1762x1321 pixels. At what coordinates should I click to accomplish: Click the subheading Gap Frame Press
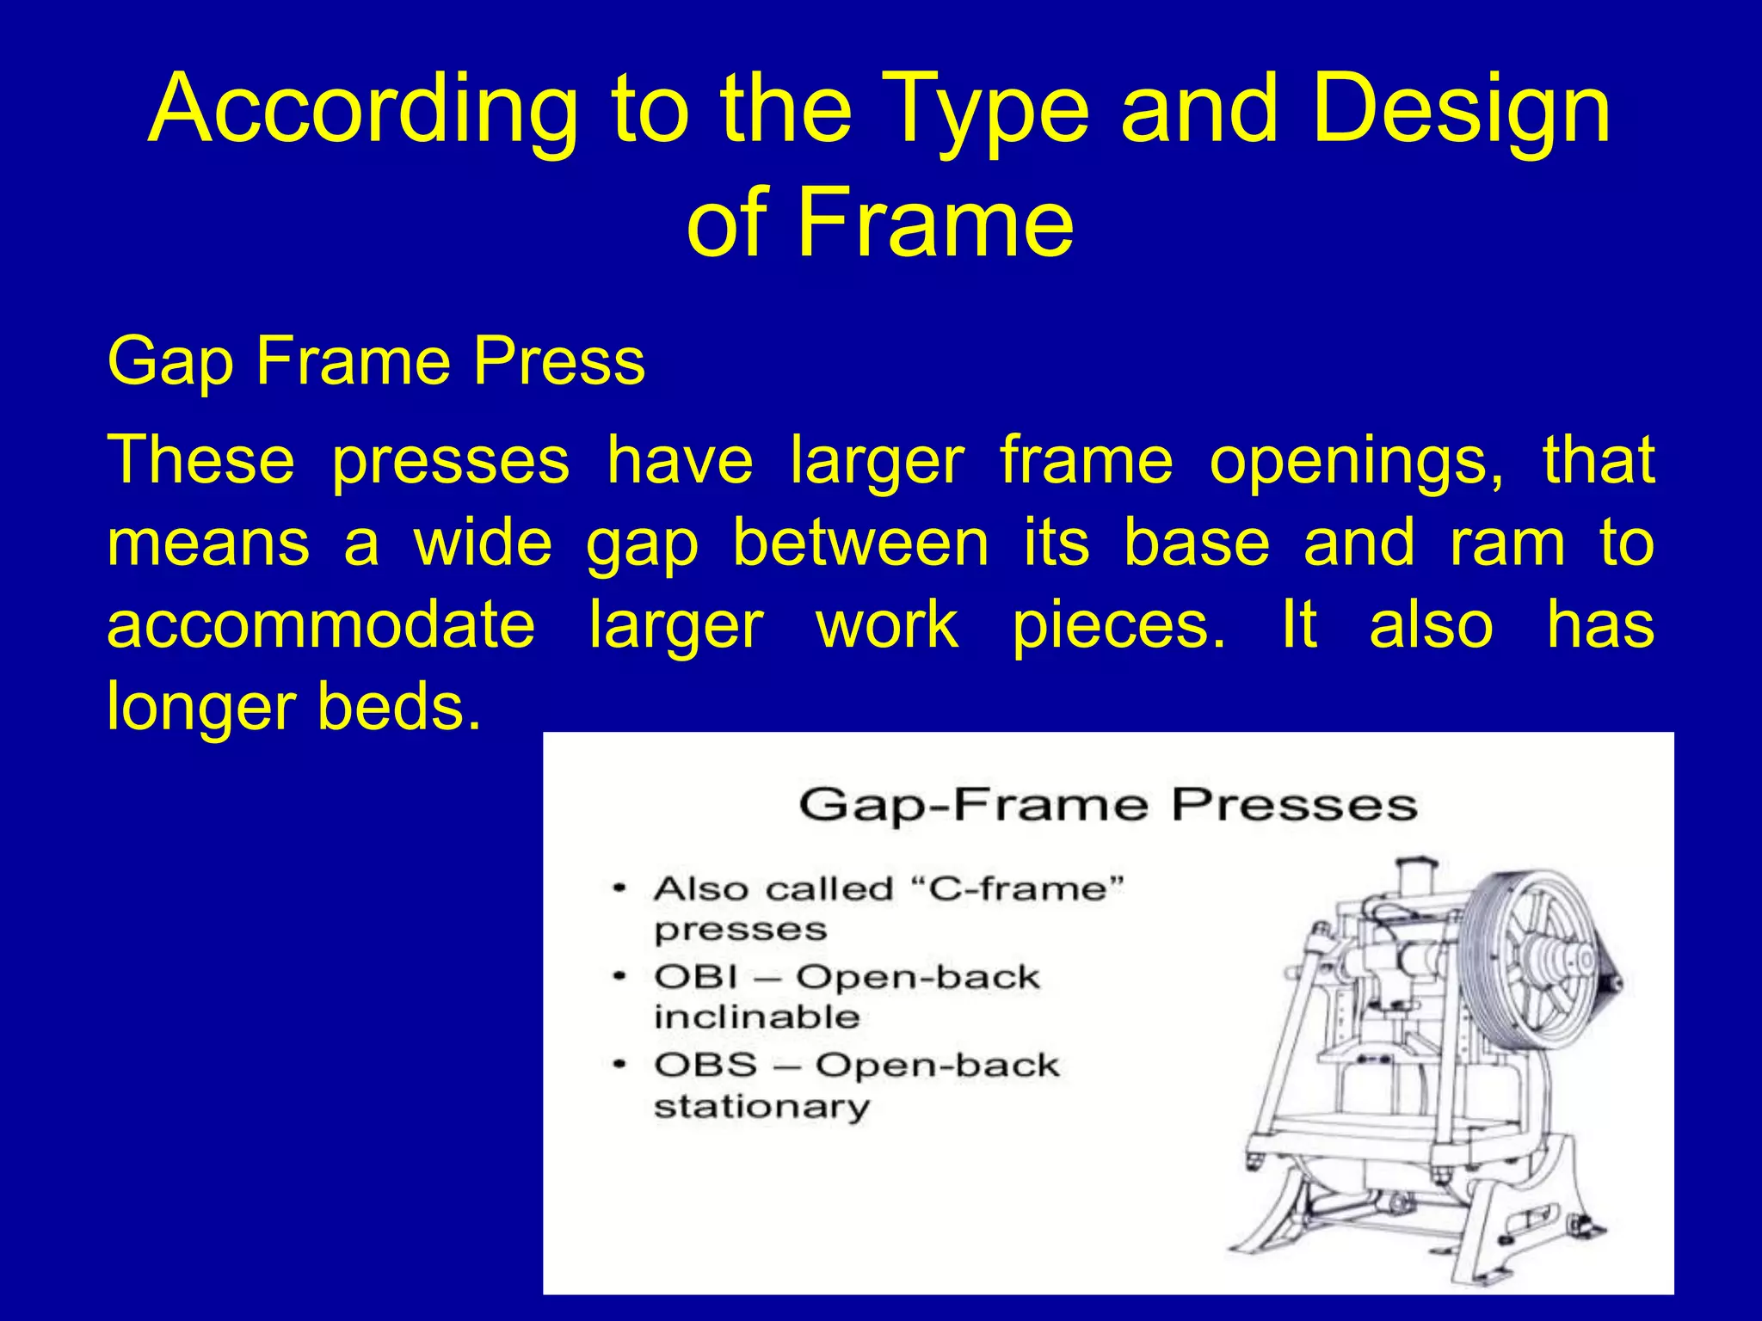tap(376, 361)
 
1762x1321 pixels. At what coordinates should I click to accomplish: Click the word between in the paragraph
tap(860, 544)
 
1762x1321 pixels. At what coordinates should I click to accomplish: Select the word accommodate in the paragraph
tap(321, 625)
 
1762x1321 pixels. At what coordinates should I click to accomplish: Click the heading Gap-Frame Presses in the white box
tap(1107, 806)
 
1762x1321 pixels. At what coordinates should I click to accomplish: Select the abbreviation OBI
tap(695, 977)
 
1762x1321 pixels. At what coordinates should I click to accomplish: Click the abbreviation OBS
tap(705, 1066)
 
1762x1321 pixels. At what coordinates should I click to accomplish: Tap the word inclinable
tap(756, 1017)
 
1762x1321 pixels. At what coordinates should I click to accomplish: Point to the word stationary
tap(761, 1106)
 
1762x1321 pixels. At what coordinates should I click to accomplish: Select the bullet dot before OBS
tap(619, 1066)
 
